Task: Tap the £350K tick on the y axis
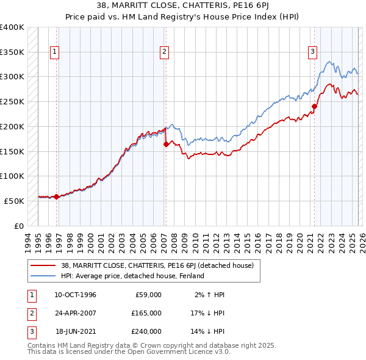tap(12, 52)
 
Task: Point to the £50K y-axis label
tap(14, 201)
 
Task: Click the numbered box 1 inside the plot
tap(55, 52)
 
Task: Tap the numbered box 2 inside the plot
tap(164, 52)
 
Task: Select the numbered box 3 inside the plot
tap(312, 52)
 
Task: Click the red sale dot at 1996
tap(56, 196)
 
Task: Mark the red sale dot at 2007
tap(166, 145)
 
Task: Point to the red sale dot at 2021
tap(315, 107)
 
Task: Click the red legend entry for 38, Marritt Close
tap(160, 265)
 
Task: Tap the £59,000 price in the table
tap(148, 295)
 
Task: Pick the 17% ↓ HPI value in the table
tap(206, 313)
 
